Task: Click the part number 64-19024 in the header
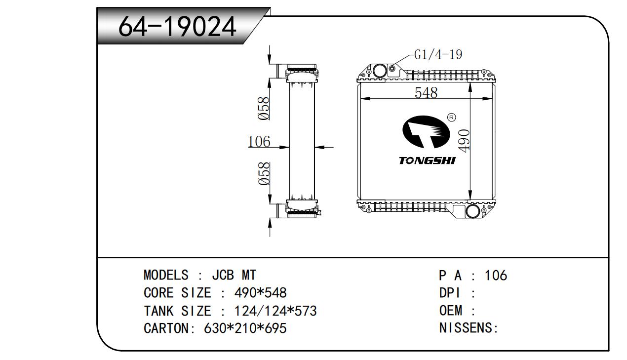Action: pos(178,27)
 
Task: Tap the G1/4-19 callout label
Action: pos(438,54)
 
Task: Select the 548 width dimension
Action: pos(426,92)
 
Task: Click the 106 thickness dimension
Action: pos(259,142)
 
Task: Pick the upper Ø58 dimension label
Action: pos(264,108)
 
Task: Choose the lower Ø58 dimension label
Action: pos(264,173)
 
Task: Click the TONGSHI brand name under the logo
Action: pos(428,161)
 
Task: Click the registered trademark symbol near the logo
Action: pos(451,117)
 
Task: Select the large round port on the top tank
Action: pos(379,70)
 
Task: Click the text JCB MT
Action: pos(234,275)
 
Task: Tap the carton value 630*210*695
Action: pos(245,328)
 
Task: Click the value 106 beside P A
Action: pos(496,275)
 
